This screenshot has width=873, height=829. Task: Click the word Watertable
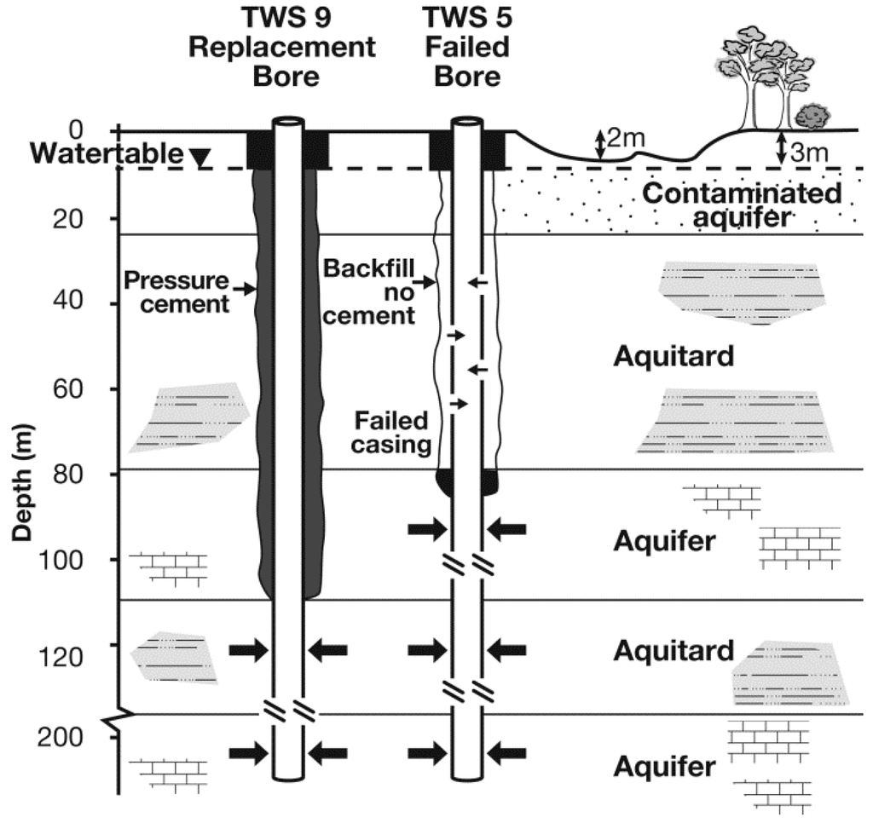[x=105, y=155]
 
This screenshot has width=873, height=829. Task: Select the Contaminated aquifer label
[x=741, y=204]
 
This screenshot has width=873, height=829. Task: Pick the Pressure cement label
[x=176, y=291]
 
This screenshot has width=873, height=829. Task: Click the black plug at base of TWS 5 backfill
[x=467, y=482]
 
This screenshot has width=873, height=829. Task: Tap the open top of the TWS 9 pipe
[x=288, y=121]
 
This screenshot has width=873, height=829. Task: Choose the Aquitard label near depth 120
[x=673, y=652]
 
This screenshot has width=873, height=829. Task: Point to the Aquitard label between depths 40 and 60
[x=673, y=355]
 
